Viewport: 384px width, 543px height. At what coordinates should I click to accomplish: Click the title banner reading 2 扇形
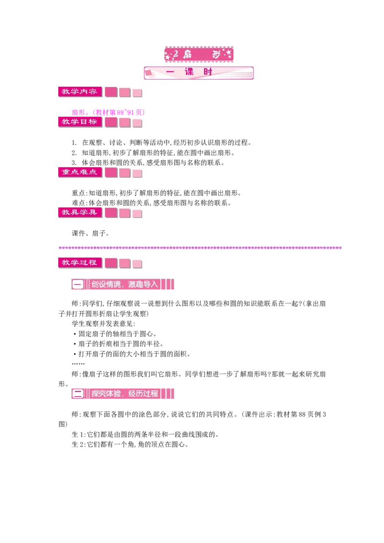pos(199,54)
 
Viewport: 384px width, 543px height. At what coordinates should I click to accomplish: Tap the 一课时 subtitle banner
pos(199,73)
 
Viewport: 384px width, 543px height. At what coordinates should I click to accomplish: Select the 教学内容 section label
pos(80,92)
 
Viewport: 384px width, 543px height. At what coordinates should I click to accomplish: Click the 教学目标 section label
pos(80,121)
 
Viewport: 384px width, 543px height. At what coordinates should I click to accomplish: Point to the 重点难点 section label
pos(80,172)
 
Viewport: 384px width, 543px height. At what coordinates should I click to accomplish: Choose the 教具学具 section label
pos(80,212)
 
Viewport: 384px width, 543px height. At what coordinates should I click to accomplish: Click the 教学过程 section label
pos(80,262)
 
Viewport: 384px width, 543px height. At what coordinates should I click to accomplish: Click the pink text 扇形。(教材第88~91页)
pos(108,112)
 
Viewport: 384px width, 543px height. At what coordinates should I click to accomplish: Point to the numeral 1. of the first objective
pos(74,142)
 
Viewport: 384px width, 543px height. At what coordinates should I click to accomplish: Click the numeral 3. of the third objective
pos(74,163)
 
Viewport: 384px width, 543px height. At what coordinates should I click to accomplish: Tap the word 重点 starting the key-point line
pos(78,193)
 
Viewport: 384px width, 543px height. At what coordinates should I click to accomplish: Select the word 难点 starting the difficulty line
pos(78,203)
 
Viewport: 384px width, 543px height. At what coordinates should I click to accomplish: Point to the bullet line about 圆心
pos(115,334)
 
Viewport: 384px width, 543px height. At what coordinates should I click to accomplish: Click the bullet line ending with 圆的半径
pos(118,344)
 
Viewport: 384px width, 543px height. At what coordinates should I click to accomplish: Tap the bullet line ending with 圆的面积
pos(132,354)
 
